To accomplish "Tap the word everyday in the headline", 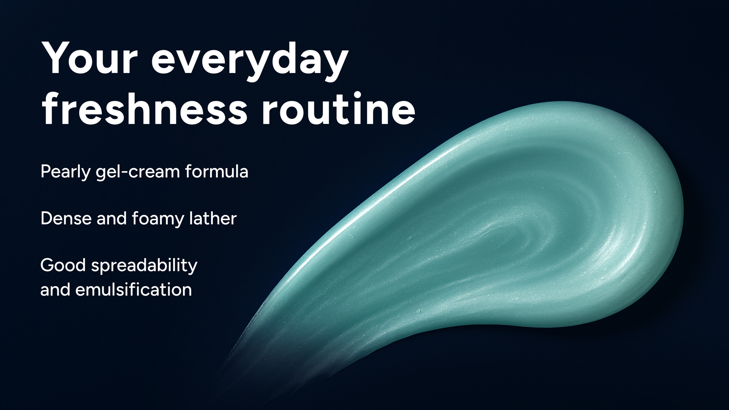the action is coord(250,61).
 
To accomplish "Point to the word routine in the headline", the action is coord(339,109).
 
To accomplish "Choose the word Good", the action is coord(63,265).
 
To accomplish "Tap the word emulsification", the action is coord(134,290).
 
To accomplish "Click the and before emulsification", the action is coord(55,290).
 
